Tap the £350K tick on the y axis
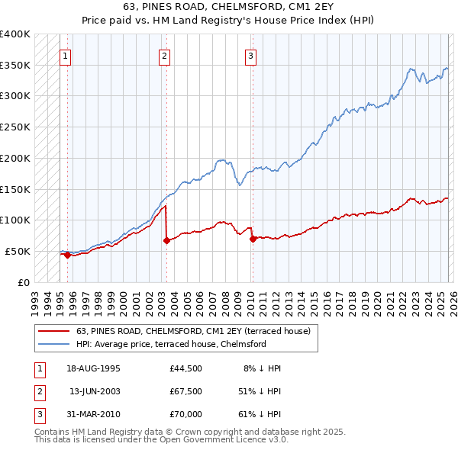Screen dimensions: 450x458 pyautogui.click(x=15, y=65)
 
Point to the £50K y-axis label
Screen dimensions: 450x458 pyautogui.click(x=18, y=251)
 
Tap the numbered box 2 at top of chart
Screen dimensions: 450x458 pyautogui.click(x=164, y=55)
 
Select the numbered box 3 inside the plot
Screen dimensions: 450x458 pyautogui.click(x=250, y=55)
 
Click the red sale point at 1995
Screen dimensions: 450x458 pyautogui.click(x=67, y=255)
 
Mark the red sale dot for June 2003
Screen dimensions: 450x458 pyautogui.click(x=166, y=240)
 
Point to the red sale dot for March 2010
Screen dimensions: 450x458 pyautogui.click(x=253, y=239)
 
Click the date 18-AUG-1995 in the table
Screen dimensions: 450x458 pyautogui.click(x=93, y=368)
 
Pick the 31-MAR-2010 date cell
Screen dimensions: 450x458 pyautogui.click(x=93, y=416)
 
